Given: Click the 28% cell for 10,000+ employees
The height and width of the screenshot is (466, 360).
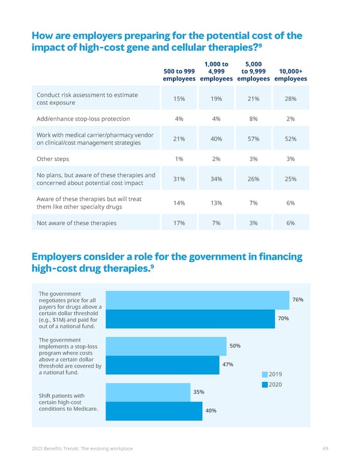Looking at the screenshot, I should [290, 98].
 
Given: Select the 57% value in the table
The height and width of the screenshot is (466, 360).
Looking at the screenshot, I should [253, 139].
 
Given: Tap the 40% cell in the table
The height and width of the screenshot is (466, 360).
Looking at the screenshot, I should [216, 139].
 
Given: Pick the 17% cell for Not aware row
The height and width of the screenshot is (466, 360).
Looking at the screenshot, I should [178, 223].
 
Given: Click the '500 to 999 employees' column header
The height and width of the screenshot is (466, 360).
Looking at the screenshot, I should [179, 74].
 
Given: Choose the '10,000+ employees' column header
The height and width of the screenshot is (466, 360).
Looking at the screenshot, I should [290, 74].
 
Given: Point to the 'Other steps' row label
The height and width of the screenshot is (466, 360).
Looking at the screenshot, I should [53, 159].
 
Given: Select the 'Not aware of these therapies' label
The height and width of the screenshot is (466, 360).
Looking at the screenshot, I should [77, 223].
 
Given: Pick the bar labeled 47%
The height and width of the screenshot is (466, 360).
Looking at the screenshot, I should [163, 365].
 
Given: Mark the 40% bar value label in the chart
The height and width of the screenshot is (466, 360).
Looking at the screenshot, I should [210, 411].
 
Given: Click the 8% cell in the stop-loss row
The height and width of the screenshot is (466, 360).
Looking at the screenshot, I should [253, 119].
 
